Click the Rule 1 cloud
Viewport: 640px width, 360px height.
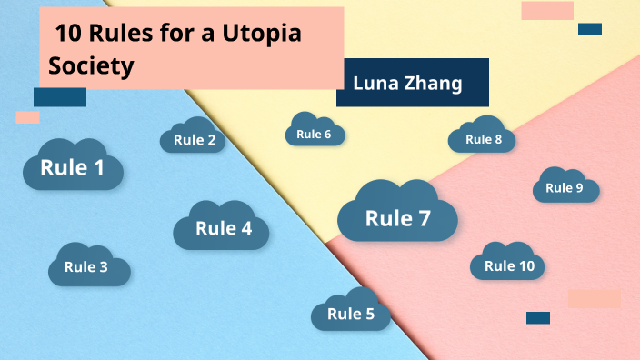(x=73, y=167)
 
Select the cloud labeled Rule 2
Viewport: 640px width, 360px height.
(x=194, y=140)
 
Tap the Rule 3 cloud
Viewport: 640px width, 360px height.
(x=87, y=266)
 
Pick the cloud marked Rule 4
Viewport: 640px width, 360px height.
(x=223, y=228)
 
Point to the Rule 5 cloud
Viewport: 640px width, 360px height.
(x=351, y=314)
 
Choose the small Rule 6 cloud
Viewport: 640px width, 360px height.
(x=315, y=135)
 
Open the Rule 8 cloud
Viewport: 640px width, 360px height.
(x=483, y=139)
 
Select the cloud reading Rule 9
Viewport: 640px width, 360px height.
(x=565, y=188)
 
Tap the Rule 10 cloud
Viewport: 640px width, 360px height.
(x=509, y=265)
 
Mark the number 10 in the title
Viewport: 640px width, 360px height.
(x=69, y=34)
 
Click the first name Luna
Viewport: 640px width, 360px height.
(x=375, y=84)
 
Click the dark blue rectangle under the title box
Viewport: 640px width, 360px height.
(x=59, y=96)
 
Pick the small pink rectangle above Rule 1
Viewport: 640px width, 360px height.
(x=27, y=117)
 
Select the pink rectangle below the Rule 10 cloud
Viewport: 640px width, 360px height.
(x=594, y=298)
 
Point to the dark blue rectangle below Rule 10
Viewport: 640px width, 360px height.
(x=538, y=317)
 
